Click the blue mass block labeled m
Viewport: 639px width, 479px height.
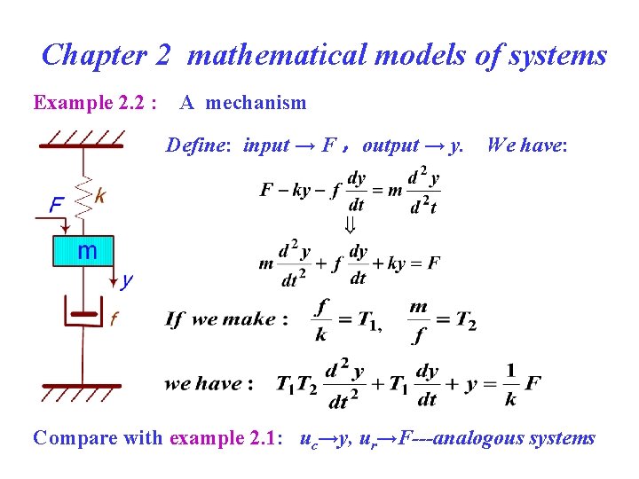coord(83,251)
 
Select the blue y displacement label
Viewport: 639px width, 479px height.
coord(127,281)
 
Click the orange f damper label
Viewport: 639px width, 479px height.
coord(114,318)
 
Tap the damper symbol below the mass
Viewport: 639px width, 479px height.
coord(83,312)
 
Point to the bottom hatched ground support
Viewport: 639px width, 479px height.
coord(83,391)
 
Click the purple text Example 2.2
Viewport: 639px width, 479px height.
coord(95,103)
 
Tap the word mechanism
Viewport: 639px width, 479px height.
coord(256,103)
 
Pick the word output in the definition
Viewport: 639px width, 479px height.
coord(390,145)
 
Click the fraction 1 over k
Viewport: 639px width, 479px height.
coord(510,384)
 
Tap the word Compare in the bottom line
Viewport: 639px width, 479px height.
coord(72,437)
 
